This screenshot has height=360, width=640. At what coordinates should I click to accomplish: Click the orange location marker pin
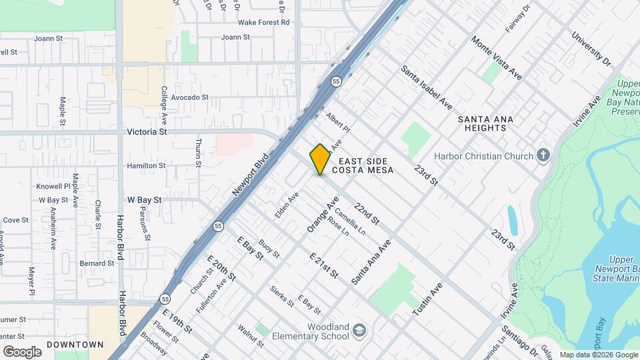pyautogui.click(x=320, y=159)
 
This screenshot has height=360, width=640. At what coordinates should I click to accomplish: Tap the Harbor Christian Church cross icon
pyautogui.click(x=543, y=157)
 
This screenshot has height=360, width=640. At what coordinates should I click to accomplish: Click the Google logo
pyautogui.click(x=22, y=351)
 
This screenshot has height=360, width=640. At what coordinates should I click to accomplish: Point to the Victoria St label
pyautogui.click(x=146, y=132)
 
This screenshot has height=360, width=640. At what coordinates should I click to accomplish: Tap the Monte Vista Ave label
pyautogui.click(x=497, y=58)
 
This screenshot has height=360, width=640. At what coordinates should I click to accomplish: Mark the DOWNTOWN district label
pyautogui.click(x=76, y=345)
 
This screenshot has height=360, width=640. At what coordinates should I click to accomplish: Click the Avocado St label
pyautogui.click(x=190, y=97)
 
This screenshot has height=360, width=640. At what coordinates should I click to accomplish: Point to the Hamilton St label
pyautogui.click(x=146, y=165)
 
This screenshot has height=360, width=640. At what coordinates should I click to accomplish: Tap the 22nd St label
pyautogui.click(x=367, y=213)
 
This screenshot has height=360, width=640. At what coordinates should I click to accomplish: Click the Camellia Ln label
pyautogui.click(x=351, y=221)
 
